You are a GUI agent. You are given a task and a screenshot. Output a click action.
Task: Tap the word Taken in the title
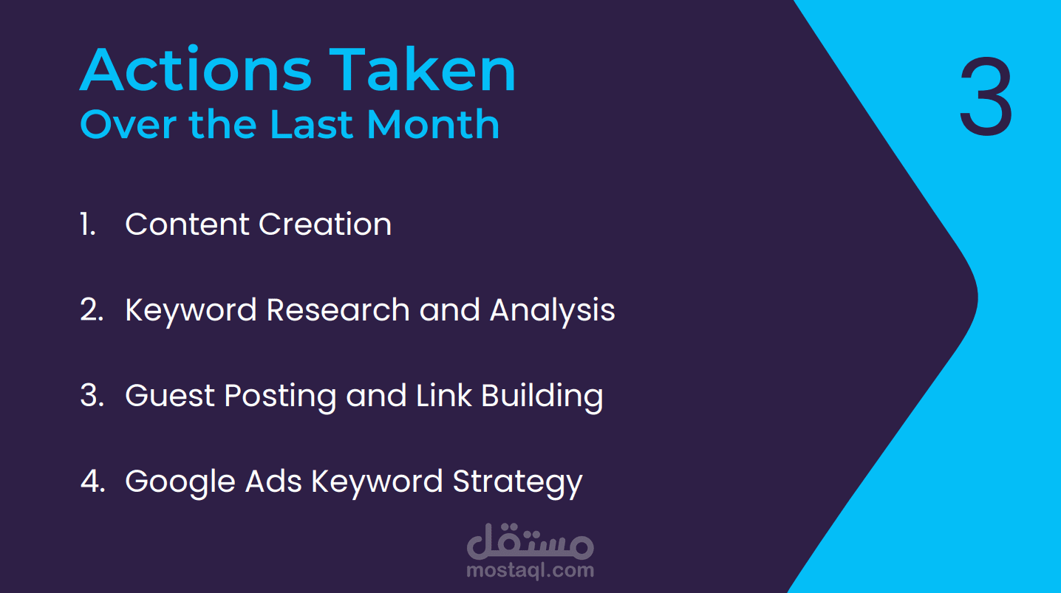coord(423,69)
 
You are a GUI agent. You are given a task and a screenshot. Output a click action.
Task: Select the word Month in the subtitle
coord(433,124)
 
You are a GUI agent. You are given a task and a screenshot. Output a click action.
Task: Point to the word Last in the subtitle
coord(312,124)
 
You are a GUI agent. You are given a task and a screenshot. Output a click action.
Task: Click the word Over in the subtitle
coord(127,126)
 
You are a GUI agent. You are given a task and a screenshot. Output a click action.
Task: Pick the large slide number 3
coord(986,96)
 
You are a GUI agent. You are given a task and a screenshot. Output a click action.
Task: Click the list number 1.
coord(88,224)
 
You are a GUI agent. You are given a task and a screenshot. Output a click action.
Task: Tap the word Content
coord(187,224)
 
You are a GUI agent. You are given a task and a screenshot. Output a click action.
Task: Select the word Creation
coord(325,224)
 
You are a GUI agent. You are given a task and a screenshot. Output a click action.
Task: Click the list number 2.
coord(92,309)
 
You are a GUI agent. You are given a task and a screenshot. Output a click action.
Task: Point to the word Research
coord(338,310)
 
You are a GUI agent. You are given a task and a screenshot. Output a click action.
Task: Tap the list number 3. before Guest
coord(92,395)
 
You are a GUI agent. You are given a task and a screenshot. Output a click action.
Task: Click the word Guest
coord(170,395)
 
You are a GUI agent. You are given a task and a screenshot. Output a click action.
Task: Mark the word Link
coord(444,394)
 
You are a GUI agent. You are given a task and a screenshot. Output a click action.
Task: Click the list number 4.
coord(92,481)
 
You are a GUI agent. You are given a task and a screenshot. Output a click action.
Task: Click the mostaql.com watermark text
coord(530,570)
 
